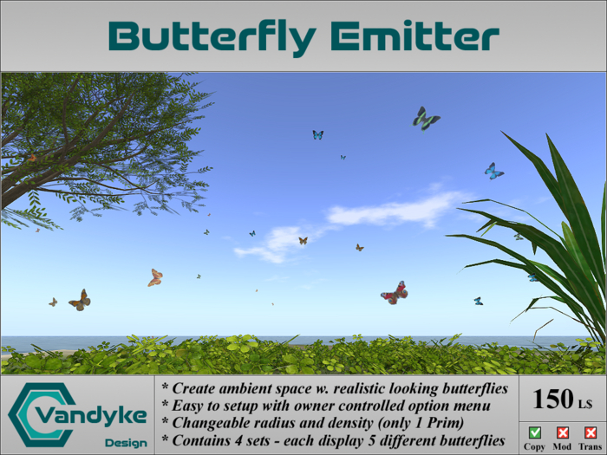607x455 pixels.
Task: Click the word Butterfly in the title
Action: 212,36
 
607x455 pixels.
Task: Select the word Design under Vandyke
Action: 125,442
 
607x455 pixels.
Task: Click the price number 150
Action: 552,399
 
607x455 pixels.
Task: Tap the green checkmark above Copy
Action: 535,432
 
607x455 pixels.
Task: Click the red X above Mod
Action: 563,432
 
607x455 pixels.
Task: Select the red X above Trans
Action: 591,432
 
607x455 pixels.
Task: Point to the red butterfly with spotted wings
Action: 395,293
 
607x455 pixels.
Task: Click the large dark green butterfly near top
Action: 425,119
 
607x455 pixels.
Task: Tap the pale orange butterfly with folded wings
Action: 155,277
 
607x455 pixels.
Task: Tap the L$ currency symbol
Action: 585,403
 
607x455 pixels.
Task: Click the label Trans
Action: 591,446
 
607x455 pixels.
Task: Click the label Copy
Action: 535,446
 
